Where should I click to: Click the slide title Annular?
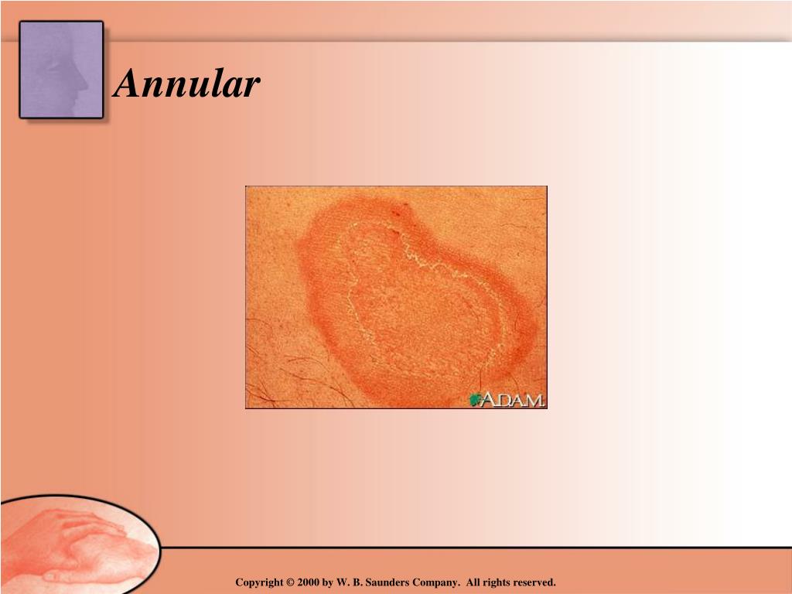[186, 84]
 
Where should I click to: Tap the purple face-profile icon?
[61, 70]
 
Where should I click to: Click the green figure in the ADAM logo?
[474, 399]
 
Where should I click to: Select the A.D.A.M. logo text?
[513, 400]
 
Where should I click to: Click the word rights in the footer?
[498, 582]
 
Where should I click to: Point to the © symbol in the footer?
[291, 582]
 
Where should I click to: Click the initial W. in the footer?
[343, 582]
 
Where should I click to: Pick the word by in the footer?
[328, 582]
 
